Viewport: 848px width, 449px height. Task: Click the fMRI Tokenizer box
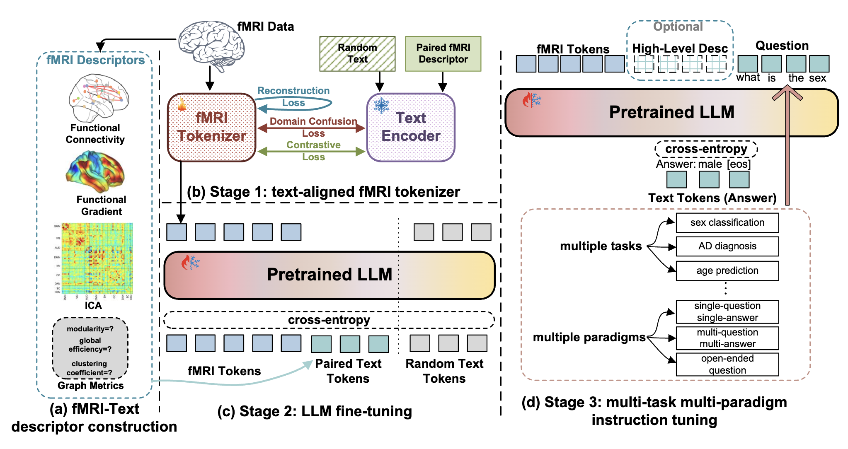pos(211,127)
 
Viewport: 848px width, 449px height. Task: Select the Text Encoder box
pos(411,127)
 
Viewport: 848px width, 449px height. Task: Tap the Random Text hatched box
pos(357,54)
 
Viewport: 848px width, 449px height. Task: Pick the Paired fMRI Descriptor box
pos(443,54)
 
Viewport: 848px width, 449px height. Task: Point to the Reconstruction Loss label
pos(293,97)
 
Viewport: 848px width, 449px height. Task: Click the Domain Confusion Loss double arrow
pos(311,128)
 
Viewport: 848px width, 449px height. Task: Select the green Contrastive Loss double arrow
pos(311,152)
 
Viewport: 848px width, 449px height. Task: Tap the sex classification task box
pos(727,223)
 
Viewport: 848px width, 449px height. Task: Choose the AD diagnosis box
pos(727,246)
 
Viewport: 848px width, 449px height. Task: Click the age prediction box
pos(727,271)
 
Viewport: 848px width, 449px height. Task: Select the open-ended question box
pos(727,365)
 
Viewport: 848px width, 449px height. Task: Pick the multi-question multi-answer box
pos(727,338)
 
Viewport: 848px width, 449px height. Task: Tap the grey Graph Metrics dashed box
pos(90,348)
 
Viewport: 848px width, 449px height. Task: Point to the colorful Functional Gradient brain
pos(95,171)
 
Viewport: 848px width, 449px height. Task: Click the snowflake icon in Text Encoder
pos(381,105)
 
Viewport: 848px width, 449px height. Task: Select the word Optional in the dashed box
pos(678,27)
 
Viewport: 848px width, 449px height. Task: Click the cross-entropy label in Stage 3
pos(706,149)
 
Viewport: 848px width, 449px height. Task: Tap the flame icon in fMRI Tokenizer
pos(182,104)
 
